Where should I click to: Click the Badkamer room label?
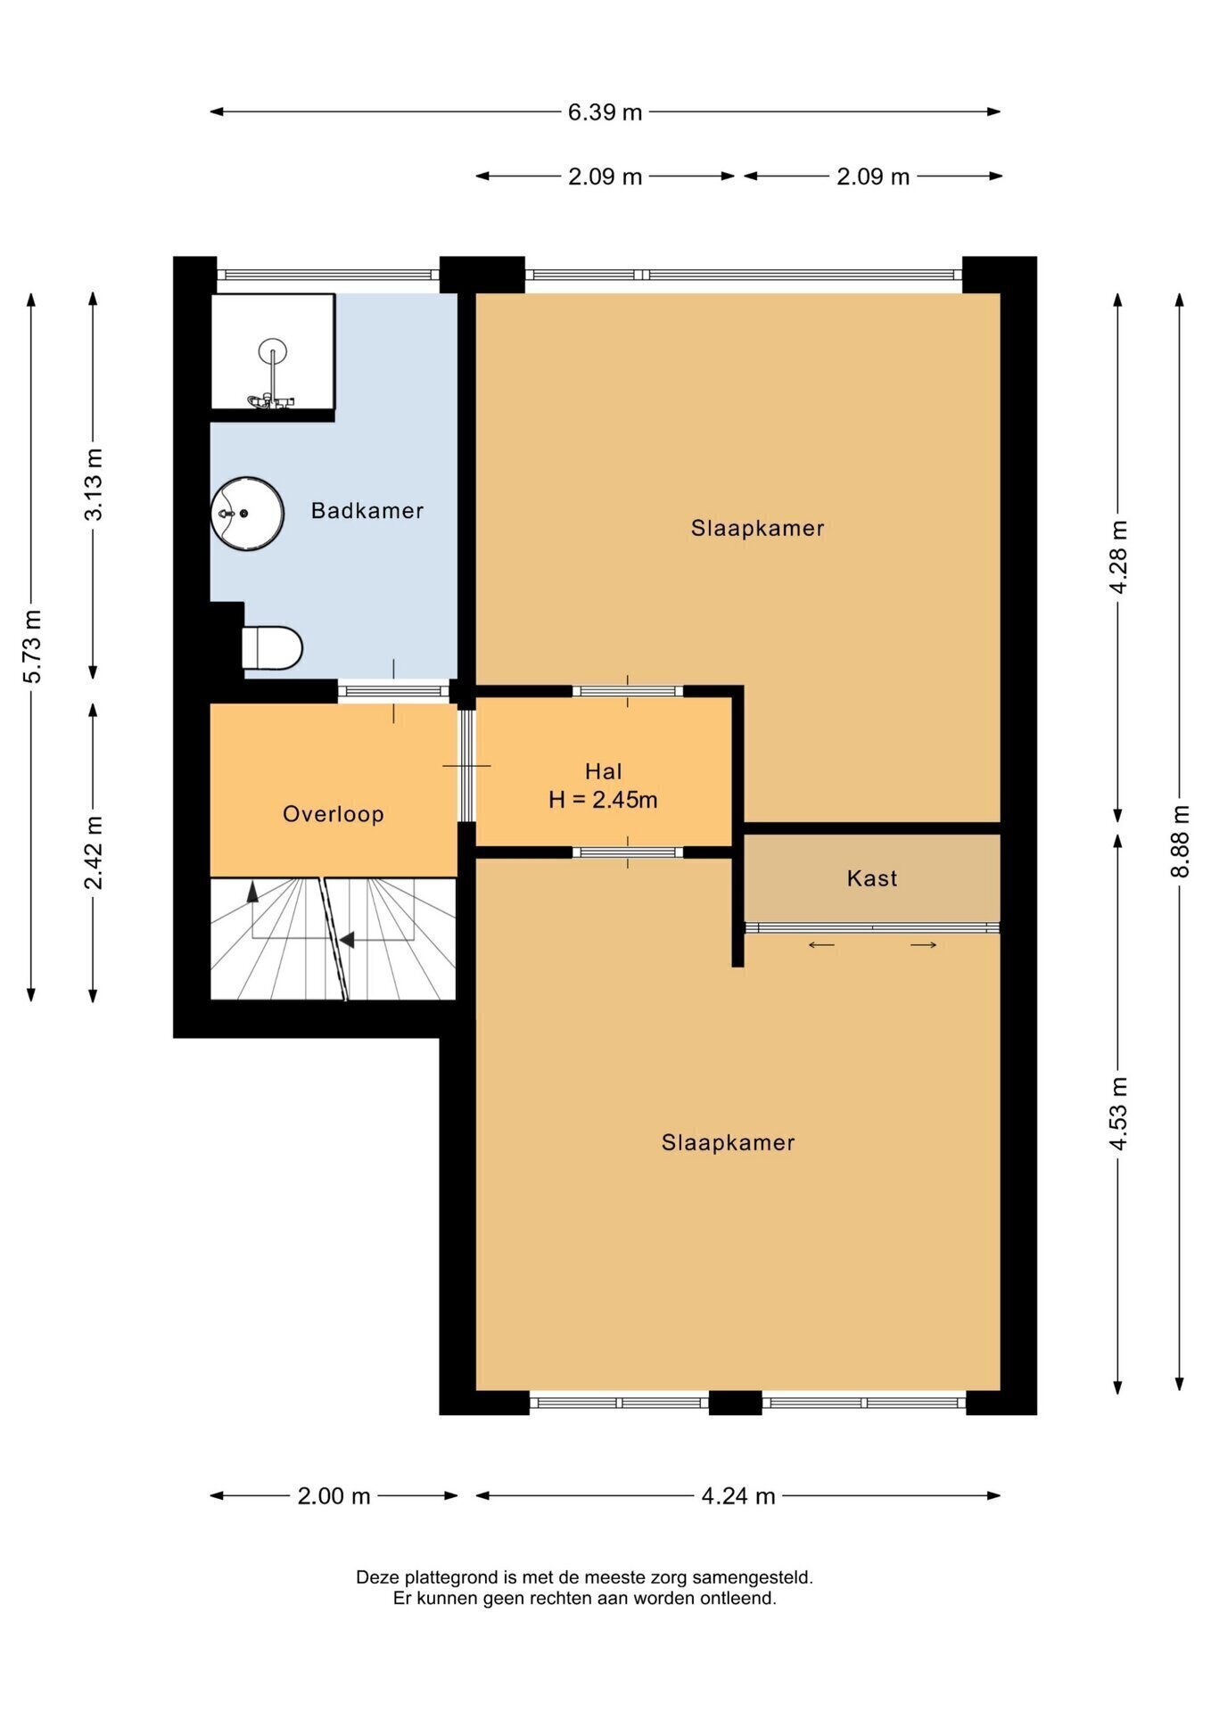367,511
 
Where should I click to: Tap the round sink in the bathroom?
247,514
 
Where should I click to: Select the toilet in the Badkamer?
272,648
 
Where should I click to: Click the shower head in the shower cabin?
272,350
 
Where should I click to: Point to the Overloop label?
334,814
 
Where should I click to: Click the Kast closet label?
872,878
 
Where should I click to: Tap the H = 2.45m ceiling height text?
603,800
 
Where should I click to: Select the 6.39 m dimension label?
605,112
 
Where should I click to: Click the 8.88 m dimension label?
1180,841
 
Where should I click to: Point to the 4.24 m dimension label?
738,1496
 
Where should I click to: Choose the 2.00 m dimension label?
334,1496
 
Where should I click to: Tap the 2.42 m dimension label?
93,852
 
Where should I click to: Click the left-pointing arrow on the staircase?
347,940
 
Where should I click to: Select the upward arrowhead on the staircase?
252,890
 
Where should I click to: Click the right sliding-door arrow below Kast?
924,945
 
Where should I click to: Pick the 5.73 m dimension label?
31,646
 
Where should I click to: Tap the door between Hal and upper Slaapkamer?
628,691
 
